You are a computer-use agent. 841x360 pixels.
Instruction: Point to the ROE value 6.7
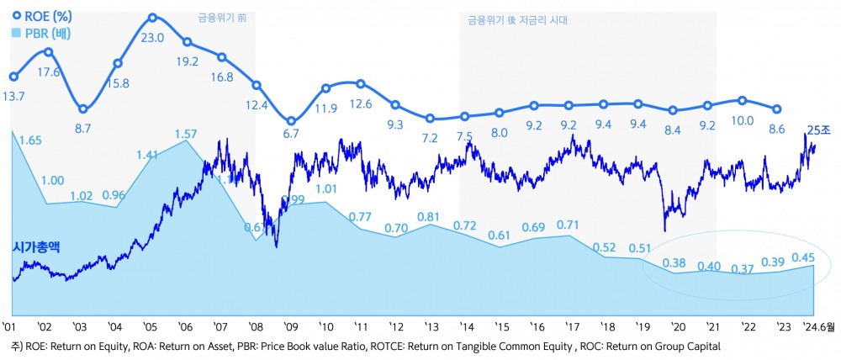pos(291,134)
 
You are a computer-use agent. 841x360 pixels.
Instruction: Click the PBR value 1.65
pos(30,140)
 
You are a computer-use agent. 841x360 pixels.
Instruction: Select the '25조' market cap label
pos(818,129)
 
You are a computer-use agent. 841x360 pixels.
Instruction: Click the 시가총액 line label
pos(40,247)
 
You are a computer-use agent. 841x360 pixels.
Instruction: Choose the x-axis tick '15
pos(501,326)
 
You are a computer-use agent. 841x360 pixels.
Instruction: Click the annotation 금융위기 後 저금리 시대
pos(518,18)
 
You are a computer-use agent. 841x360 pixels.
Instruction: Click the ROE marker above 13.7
pos(13,76)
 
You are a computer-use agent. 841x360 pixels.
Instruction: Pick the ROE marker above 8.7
pos(82,109)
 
